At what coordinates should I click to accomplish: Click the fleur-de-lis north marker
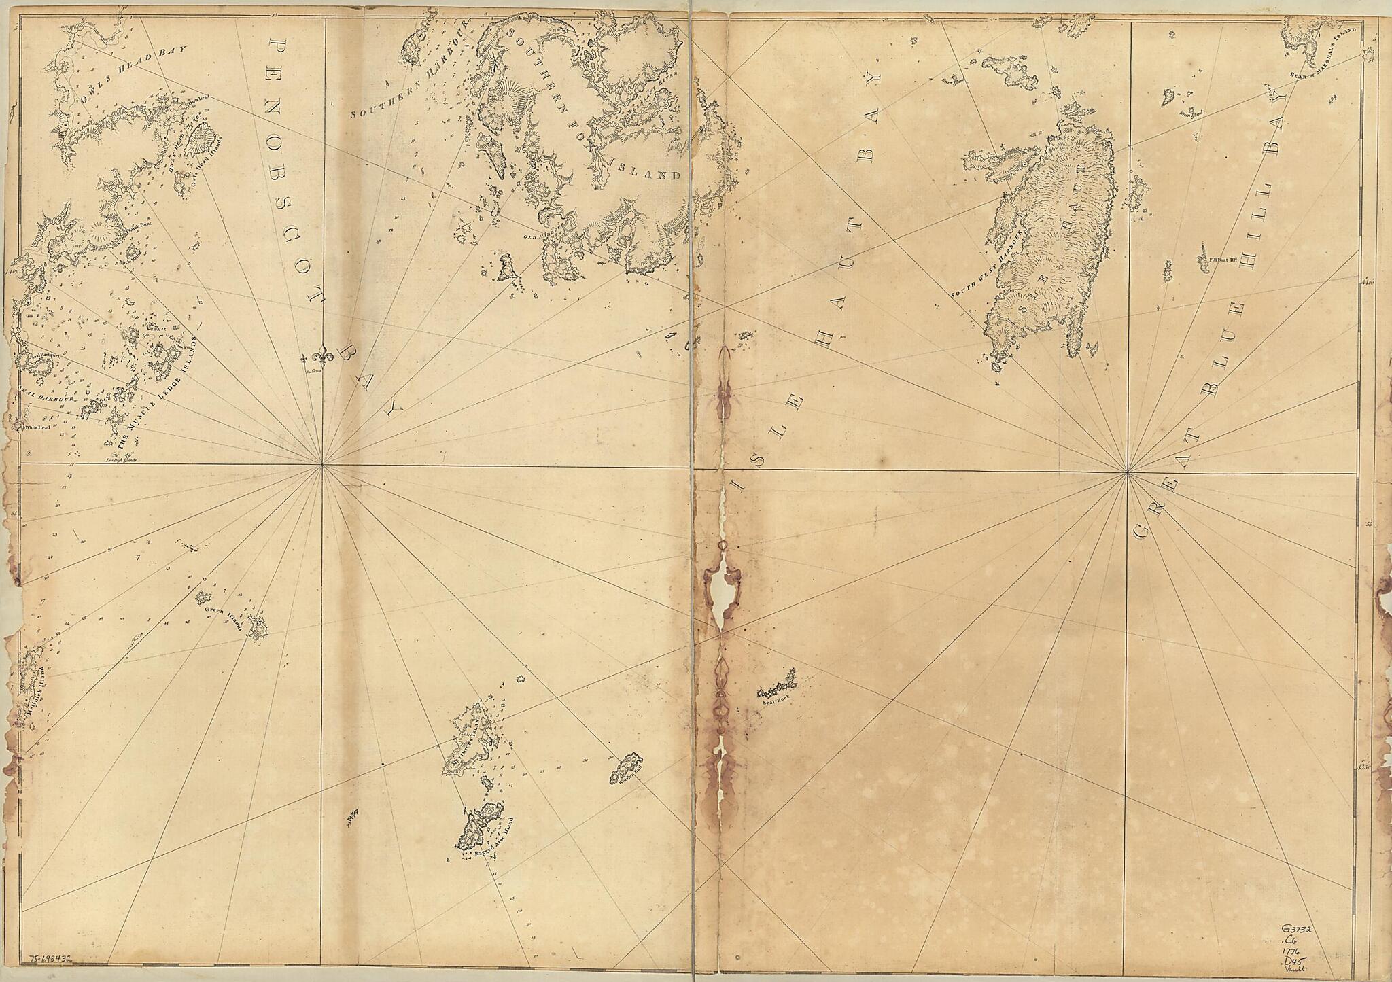pos(321,357)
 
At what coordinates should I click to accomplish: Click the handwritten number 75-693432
pos(51,960)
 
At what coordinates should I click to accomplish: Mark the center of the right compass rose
pos(1128,472)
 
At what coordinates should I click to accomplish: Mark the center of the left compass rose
pos(322,465)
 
